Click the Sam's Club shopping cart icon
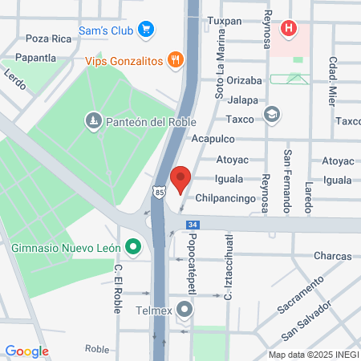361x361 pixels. click(x=145, y=30)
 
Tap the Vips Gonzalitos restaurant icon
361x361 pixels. click(x=174, y=59)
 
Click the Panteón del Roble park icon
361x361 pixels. click(x=93, y=121)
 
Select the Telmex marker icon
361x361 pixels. click(x=187, y=308)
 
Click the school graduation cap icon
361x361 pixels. click(x=271, y=117)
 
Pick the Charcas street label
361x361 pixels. click(x=333, y=256)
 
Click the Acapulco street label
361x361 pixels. click(x=211, y=139)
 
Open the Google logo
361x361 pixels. click(x=26, y=351)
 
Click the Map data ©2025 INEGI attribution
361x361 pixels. click(x=312, y=355)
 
